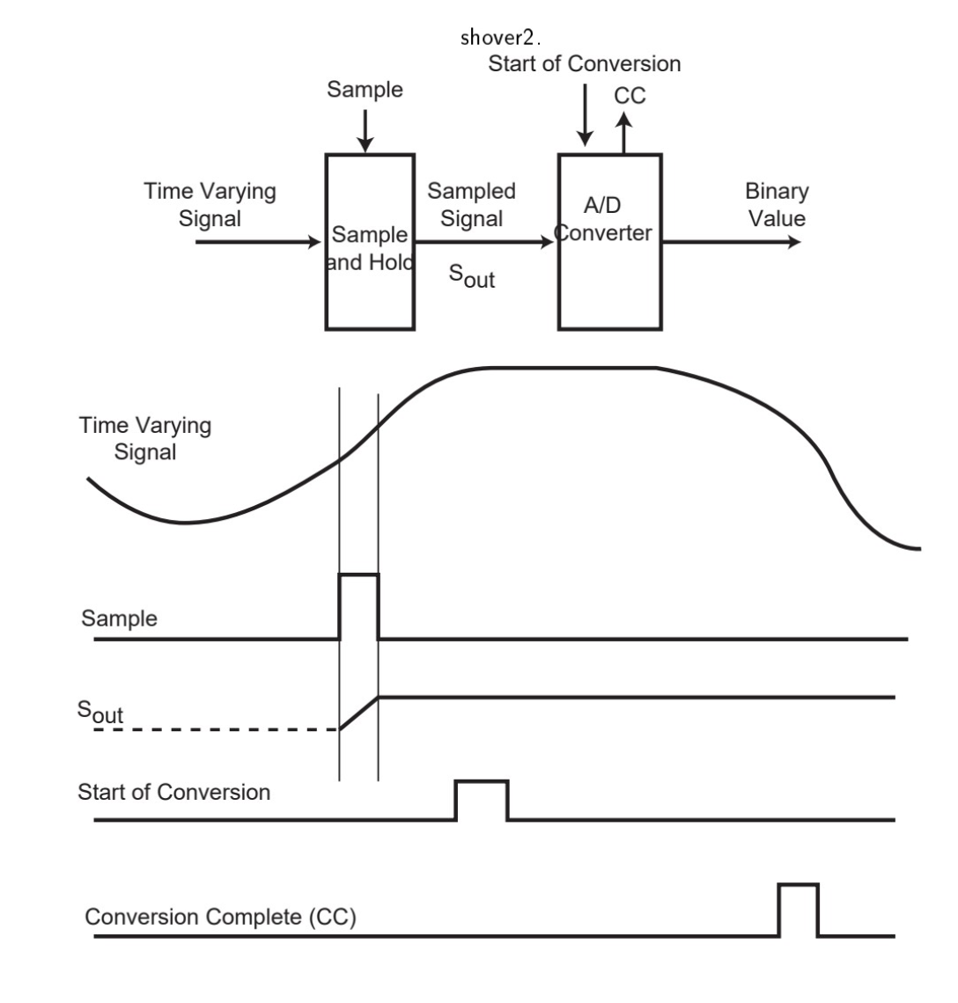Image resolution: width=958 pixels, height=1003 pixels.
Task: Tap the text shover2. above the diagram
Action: coord(501,39)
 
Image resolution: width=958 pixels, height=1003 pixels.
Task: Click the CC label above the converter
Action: coord(630,96)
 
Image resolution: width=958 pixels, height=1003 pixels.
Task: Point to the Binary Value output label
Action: coord(777,204)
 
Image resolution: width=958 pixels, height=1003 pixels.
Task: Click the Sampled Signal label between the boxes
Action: coord(472,204)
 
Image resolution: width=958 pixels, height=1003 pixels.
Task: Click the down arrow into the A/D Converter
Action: coord(584,123)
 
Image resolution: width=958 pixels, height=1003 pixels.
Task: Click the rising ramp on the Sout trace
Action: coord(359,714)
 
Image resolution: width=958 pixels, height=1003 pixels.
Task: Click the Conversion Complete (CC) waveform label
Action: coord(220,917)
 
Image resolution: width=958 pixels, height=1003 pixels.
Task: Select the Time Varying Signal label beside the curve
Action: coord(145,439)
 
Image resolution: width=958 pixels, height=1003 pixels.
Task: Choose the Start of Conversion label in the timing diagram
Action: coord(174,792)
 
